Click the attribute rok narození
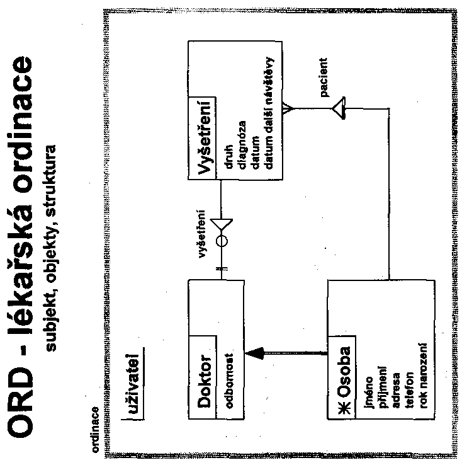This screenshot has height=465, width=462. point(416,387)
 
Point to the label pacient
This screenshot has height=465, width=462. point(323,79)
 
